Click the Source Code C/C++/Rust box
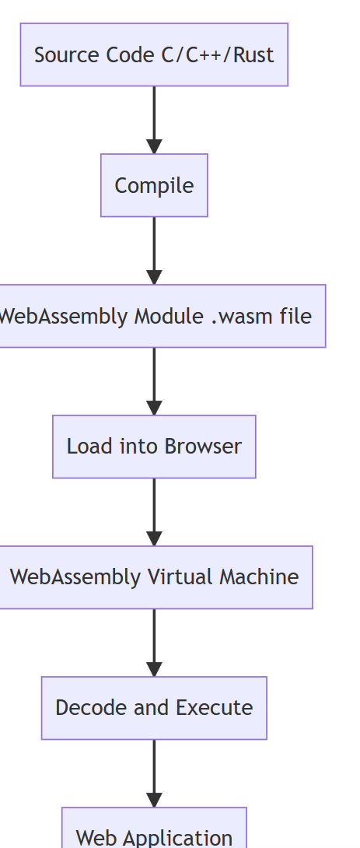coord(154,54)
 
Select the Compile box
coord(154,185)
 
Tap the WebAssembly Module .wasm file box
coord(156,316)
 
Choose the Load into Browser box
coord(154,447)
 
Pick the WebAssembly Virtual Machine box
coord(154,577)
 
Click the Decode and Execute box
coord(154,708)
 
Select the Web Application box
coord(154,832)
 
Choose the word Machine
coord(259,577)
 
